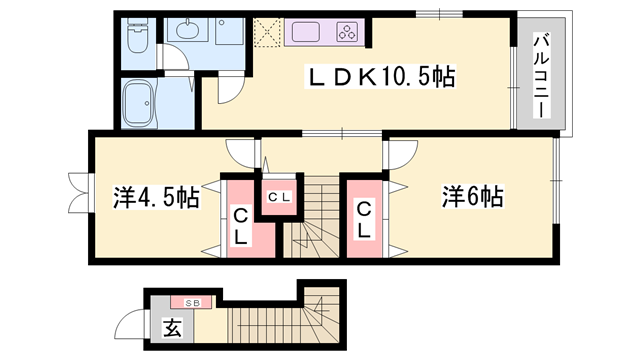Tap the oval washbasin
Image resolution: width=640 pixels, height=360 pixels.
pos(187,31)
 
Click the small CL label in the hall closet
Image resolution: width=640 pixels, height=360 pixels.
pos(278,196)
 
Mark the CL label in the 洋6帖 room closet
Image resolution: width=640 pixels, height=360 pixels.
pos(365,220)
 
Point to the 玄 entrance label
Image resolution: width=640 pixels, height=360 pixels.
pos(172,326)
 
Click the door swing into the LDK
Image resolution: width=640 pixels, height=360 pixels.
pos(228,87)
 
